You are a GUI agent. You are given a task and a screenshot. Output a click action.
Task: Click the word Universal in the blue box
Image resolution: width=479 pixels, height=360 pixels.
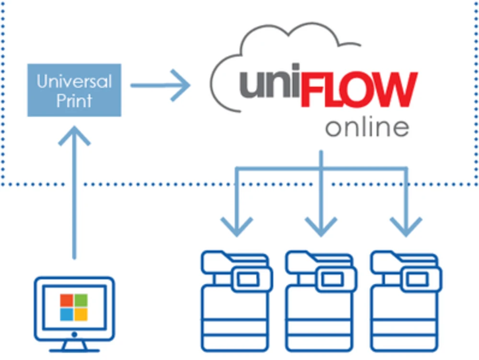74,81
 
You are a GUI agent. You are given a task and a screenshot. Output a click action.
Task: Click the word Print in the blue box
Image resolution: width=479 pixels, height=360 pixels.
74,101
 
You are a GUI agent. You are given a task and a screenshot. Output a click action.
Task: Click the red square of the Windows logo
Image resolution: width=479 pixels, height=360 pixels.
67,300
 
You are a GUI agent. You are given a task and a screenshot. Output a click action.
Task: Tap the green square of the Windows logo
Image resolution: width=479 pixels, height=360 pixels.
81,300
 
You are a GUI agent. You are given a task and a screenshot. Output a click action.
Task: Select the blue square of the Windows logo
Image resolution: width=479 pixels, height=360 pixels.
67,314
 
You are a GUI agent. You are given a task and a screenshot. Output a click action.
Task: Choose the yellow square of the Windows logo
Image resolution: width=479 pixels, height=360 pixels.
81,314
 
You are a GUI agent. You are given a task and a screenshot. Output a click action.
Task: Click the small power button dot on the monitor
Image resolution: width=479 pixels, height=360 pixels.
74,334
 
